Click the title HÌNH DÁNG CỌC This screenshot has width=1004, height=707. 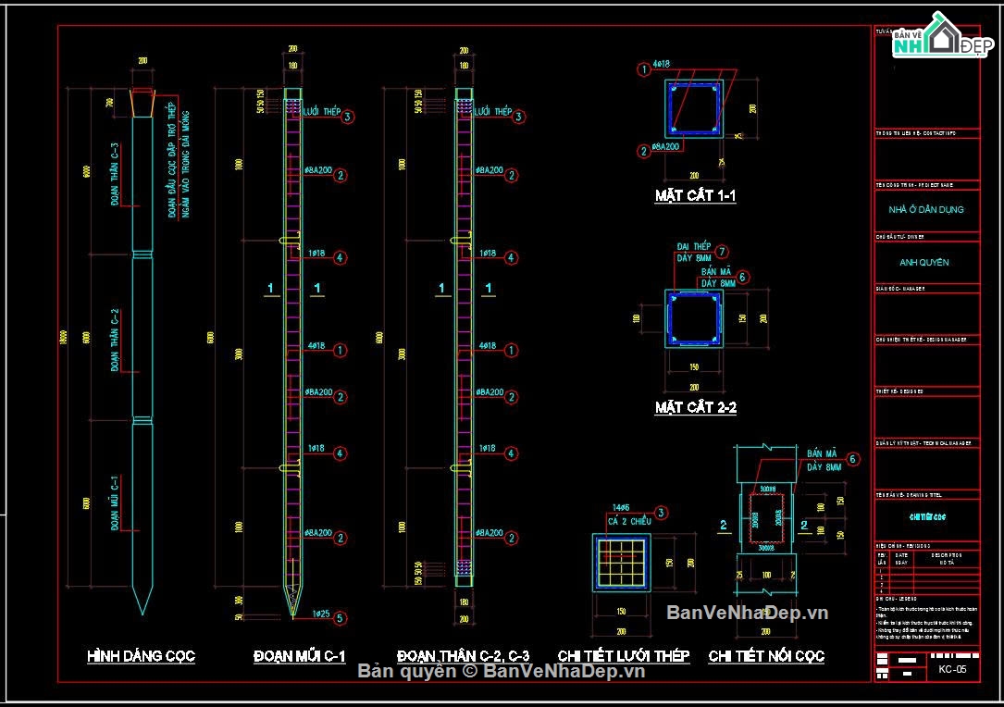coord(141,656)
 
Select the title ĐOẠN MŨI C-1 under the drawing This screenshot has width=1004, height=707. coord(299,656)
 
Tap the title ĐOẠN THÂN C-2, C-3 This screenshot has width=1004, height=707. coord(463,656)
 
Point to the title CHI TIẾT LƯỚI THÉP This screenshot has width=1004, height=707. coord(623,656)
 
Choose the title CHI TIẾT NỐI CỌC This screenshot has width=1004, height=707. coord(766,656)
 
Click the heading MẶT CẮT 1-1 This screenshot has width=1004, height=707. coord(695,196)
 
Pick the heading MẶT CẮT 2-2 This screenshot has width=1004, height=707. coord(695,407)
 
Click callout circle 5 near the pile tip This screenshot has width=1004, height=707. coord(341,617)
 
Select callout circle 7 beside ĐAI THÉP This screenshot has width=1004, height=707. coord(722,251)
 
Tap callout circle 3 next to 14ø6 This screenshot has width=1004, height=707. coord(661,513)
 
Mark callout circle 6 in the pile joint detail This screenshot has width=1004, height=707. coord(852,459)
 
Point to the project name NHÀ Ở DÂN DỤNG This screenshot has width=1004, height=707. coord(926,209)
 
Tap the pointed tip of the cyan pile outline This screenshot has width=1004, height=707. coord(142,611)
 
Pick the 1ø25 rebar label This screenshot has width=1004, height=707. coord(321,614)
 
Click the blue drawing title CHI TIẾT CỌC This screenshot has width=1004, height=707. coord(926,516)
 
